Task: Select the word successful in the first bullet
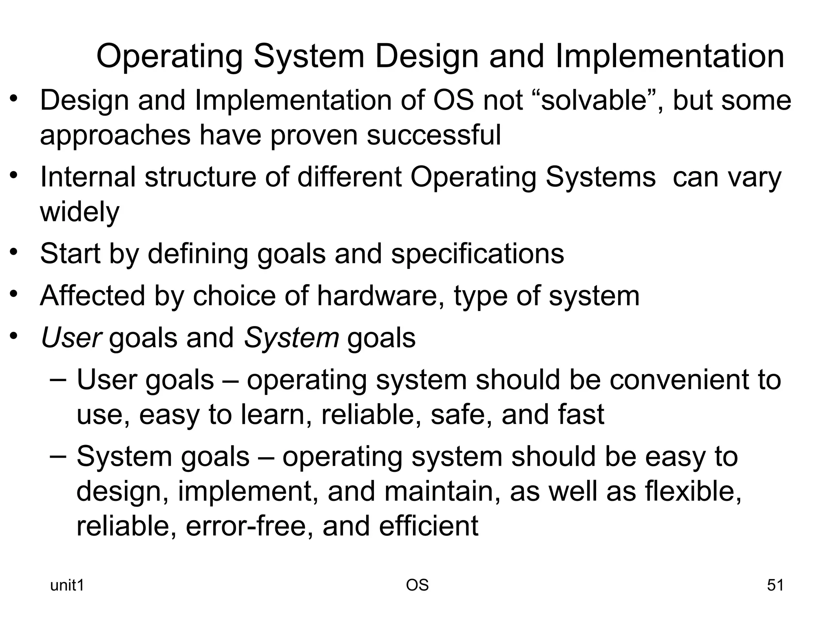[x=433, y=135]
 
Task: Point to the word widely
[x=80, y=212]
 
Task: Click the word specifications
[x=477, y=253]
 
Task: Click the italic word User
[x=71, y=338]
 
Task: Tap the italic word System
[x=291, y=338]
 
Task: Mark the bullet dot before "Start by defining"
[x=14, y=251]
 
